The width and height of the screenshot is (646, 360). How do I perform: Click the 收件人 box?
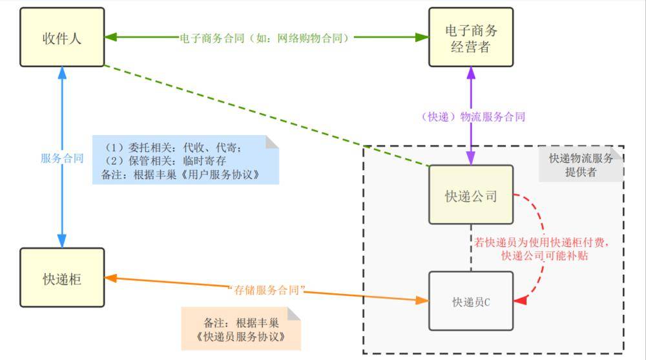coord(62,37)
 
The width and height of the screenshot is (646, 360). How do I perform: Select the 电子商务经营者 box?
coord(471,37)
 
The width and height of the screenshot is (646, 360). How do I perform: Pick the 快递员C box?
coord(471,301)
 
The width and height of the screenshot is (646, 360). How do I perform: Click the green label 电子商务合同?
coord(265,38)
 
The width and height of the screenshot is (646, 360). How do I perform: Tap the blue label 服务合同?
coord(62,158)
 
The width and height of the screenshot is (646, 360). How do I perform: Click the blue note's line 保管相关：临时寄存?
coord(165,160)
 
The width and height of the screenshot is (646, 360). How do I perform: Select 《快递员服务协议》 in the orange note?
coord(241,337)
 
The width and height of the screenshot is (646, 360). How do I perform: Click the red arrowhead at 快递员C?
coord(519,301)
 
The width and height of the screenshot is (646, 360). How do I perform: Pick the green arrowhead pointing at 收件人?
coord(110,37)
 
